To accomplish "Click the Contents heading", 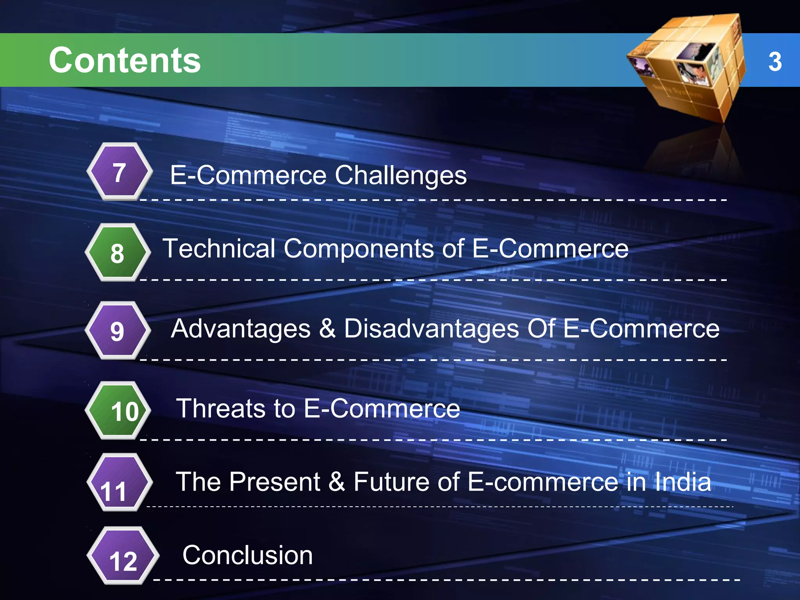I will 125,60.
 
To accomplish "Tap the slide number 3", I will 775,62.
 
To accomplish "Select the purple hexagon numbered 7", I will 120,172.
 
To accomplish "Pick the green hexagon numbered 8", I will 118,253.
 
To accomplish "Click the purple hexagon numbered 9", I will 118,331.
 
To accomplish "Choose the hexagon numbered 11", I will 119,483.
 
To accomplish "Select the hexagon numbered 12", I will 123,556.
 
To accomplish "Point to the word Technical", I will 219,248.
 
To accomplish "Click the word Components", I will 359,248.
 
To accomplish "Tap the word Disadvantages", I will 431,329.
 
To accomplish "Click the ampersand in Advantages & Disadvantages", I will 327,329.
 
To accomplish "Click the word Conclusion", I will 248,555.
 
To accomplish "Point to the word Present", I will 275,482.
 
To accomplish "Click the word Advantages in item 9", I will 241,329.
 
